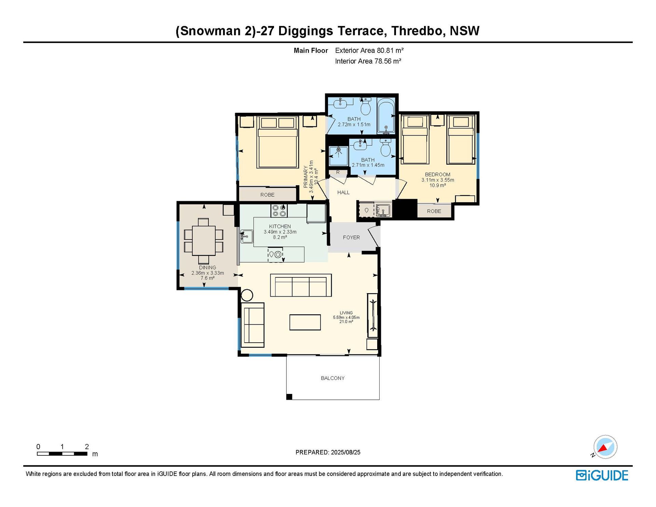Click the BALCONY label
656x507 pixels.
point(332,378)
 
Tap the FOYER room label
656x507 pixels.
point(351,237)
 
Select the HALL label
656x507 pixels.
point(343,192)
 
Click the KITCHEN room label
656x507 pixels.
point(280,227)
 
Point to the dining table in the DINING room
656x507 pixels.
point(204,240)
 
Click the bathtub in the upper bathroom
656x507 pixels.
point(386,116)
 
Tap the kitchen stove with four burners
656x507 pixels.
point(279,210)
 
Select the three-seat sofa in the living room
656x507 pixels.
point(301,285)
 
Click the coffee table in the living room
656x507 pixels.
point(305,322)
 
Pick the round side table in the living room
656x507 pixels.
point(247,295)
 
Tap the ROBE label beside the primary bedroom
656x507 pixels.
point(267,195)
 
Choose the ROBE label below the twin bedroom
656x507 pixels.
point(434,211)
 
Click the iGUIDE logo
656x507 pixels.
point(602,475)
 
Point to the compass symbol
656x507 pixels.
point(605,447)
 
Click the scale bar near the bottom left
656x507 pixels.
point(62,454)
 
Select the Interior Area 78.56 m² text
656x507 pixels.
point(368,61)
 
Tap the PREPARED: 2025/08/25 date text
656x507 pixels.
point(328,452)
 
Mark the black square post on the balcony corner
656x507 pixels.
point(289,397)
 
